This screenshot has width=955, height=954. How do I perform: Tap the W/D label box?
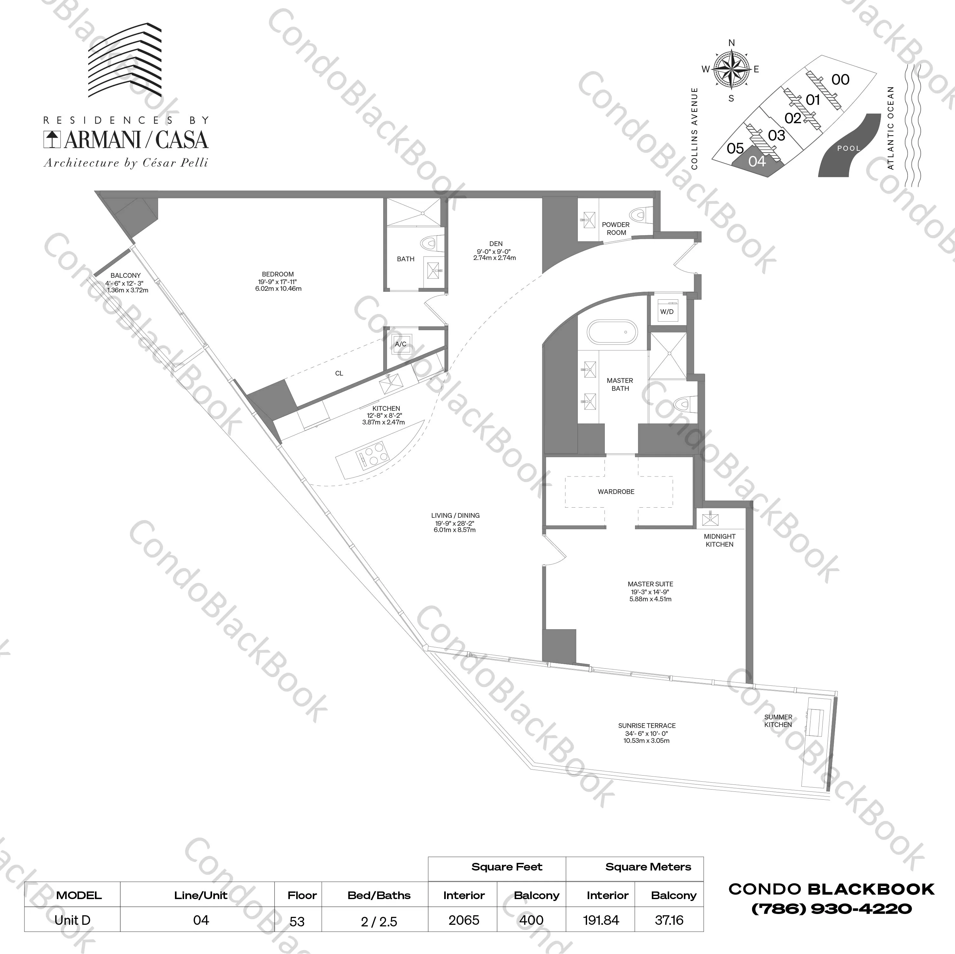pos(667,312)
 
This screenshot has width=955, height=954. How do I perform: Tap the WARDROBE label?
pos(616,492)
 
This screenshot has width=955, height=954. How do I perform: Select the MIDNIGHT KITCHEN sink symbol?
pos(710,519)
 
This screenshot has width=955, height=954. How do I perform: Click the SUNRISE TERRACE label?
pos(646,726)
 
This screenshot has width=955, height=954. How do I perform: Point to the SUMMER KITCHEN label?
pos(778,721)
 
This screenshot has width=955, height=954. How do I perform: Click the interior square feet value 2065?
pos(464,920)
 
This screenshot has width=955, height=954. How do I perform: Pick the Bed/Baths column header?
pos(379,895)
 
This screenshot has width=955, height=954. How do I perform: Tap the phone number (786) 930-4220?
pos(831,909)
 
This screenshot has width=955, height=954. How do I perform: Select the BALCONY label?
pos(125,275)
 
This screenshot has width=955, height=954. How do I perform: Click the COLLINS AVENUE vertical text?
pos(694,129)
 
